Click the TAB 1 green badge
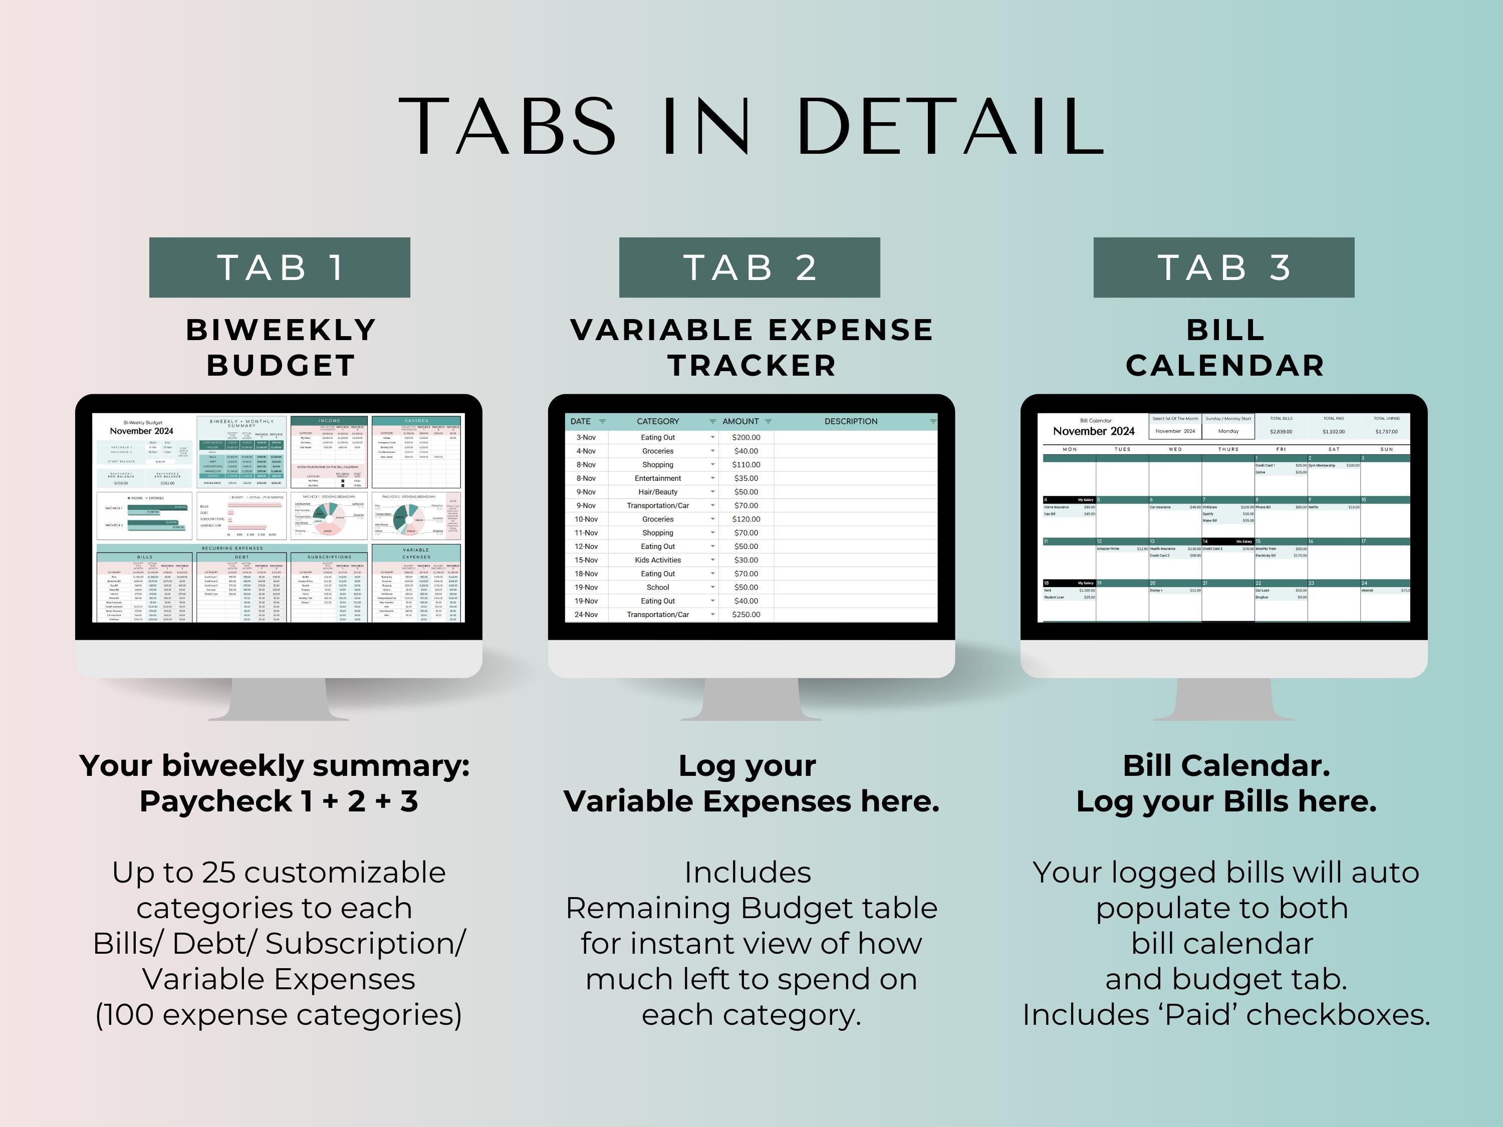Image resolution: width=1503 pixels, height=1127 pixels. coord(279,267)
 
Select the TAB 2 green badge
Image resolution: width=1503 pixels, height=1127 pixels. coord(749,267)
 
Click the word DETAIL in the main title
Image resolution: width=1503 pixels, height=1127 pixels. coord(950,126)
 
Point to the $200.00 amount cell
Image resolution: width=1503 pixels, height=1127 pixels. coord(746,437)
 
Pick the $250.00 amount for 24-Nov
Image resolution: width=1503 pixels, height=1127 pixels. coord(746,615)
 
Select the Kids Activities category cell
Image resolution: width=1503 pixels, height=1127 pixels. coord(658,560)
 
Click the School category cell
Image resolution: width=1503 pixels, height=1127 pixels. coord(658,588)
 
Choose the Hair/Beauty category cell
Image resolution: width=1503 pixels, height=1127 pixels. coord(658,492)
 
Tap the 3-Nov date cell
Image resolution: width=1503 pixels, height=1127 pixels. coord(586,437)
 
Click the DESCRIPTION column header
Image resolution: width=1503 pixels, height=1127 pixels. coord(851,421)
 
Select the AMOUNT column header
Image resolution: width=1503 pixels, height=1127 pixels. coord(740,421)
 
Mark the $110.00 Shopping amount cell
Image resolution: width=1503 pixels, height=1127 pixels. coord(746,465)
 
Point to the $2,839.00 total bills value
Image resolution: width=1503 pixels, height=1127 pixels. coord(1281,431)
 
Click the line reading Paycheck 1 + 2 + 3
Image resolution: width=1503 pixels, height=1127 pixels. coord(279,801)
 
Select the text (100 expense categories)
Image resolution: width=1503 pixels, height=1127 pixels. coord(279,1015)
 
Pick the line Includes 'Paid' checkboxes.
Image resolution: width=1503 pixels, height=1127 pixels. coord(1226,1015)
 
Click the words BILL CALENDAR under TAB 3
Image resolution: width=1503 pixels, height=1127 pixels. coord(1225,348)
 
